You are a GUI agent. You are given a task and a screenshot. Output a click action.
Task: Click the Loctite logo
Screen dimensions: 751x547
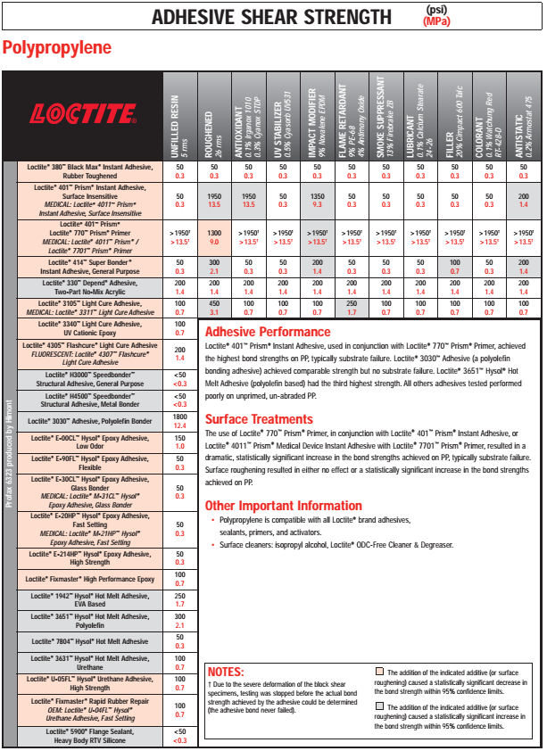coord(84,114)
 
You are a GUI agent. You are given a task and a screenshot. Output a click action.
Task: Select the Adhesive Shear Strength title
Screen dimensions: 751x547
coord(271,17)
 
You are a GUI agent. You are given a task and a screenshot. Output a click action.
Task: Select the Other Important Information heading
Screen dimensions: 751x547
coord(284,506)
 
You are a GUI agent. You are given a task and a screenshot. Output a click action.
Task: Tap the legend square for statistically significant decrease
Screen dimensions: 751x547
coord(380,671)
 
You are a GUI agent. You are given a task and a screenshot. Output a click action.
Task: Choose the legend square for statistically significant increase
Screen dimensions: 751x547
coord(380,706)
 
